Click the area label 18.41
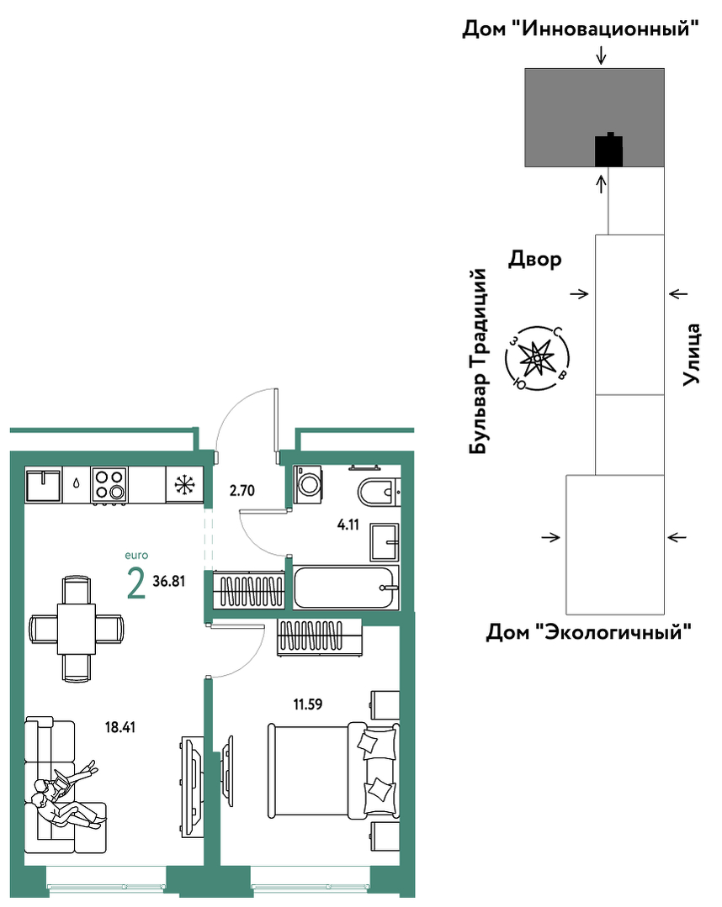pos(119,727)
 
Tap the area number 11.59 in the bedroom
pos(307,704)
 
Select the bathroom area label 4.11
pos(348,525)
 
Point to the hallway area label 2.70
pos(242,491)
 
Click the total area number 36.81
pos(169,582)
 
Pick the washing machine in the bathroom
pos(309,484)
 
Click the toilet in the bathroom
pos(379,492)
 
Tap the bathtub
pos(346,587)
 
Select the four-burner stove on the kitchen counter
pos(109,485)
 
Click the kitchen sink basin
pos(43,485)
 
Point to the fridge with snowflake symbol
pos(184,484)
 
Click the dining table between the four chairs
pos(77,628)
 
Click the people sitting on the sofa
pos(69,797)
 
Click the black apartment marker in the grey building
pos(609,150)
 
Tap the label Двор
pos(535,259)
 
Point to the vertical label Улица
pos(692,355)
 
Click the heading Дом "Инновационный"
pos(580,28)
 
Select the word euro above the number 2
pos(136,556)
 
